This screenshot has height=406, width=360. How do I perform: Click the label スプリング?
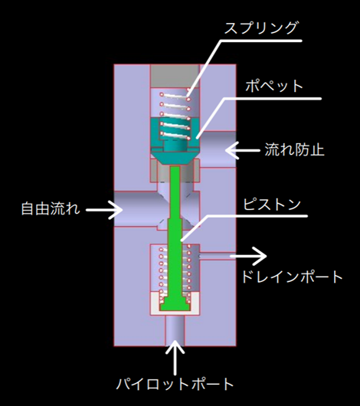click(x=261, y=28)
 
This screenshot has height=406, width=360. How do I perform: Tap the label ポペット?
click(x=274, y=86)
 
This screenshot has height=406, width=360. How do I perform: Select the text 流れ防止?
click(x=294, y=150)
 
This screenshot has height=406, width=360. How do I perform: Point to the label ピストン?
click(x=272, y=205)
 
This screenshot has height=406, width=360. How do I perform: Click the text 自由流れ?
click(x=51, y=208)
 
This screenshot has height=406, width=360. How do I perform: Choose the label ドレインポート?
click(x=292, y=277)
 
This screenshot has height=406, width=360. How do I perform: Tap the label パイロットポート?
click(x=175, y=384)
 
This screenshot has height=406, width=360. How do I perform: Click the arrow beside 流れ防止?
click(x=242, y=150)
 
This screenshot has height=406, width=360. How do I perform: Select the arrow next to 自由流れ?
click(x=104, y=210)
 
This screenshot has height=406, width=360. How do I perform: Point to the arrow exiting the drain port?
click(x=248, y=256)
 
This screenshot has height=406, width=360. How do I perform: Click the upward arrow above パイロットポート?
click(x=175, y=357)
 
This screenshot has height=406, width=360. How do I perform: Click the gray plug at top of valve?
click(x=175, y=76)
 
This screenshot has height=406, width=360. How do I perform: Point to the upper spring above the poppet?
click(x=175, y=114)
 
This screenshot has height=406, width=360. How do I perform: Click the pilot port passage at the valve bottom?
click(x=175, y=330)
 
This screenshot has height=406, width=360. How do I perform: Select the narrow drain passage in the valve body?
click(x=218, y=256)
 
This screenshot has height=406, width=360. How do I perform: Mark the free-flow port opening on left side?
click(x=135, y=209)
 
